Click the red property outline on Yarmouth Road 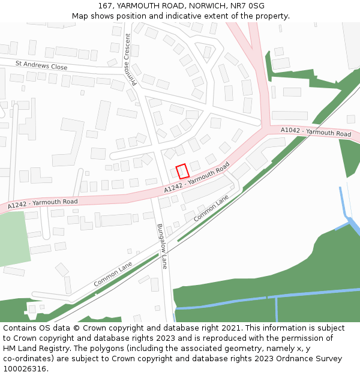[x=182, y=171]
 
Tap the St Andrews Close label [x=41, y=65]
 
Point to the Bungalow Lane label [x=161, y=247]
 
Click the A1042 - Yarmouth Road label [x=316, y=132]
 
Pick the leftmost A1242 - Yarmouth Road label [x=43, y=203]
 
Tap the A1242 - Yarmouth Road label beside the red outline [x=197, y=178]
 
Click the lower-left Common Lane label [x=113, y=274]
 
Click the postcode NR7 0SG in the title [x=248, y=6]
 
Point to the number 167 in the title [x=106, y=6]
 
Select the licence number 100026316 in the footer [x=25, y=369]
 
